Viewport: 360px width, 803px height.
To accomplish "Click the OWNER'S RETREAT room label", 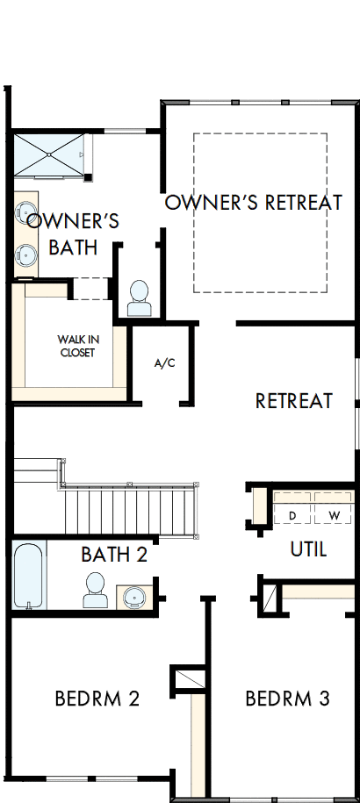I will coord(254,203).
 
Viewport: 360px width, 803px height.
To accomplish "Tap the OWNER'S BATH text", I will coord(73,233).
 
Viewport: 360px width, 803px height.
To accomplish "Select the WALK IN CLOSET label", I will coord(76,346).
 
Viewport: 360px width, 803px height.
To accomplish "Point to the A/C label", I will coord(164,362).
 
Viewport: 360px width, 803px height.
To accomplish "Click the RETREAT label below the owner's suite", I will coord(293,401).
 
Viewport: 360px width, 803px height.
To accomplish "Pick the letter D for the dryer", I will coord(292,515).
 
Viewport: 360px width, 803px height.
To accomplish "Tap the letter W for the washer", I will coord(334,515).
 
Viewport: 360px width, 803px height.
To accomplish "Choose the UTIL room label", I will coord(308,550).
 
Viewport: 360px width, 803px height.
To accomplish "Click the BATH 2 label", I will coord(114,555).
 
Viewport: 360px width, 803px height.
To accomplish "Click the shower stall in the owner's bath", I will coord(49,155).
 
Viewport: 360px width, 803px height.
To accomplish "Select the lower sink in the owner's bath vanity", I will coord(26,255).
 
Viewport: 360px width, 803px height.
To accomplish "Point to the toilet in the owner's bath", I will coord(139,298).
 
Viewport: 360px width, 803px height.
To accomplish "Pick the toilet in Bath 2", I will coord(95,591).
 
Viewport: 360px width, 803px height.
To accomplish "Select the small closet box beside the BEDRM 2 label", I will coord(189,679).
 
